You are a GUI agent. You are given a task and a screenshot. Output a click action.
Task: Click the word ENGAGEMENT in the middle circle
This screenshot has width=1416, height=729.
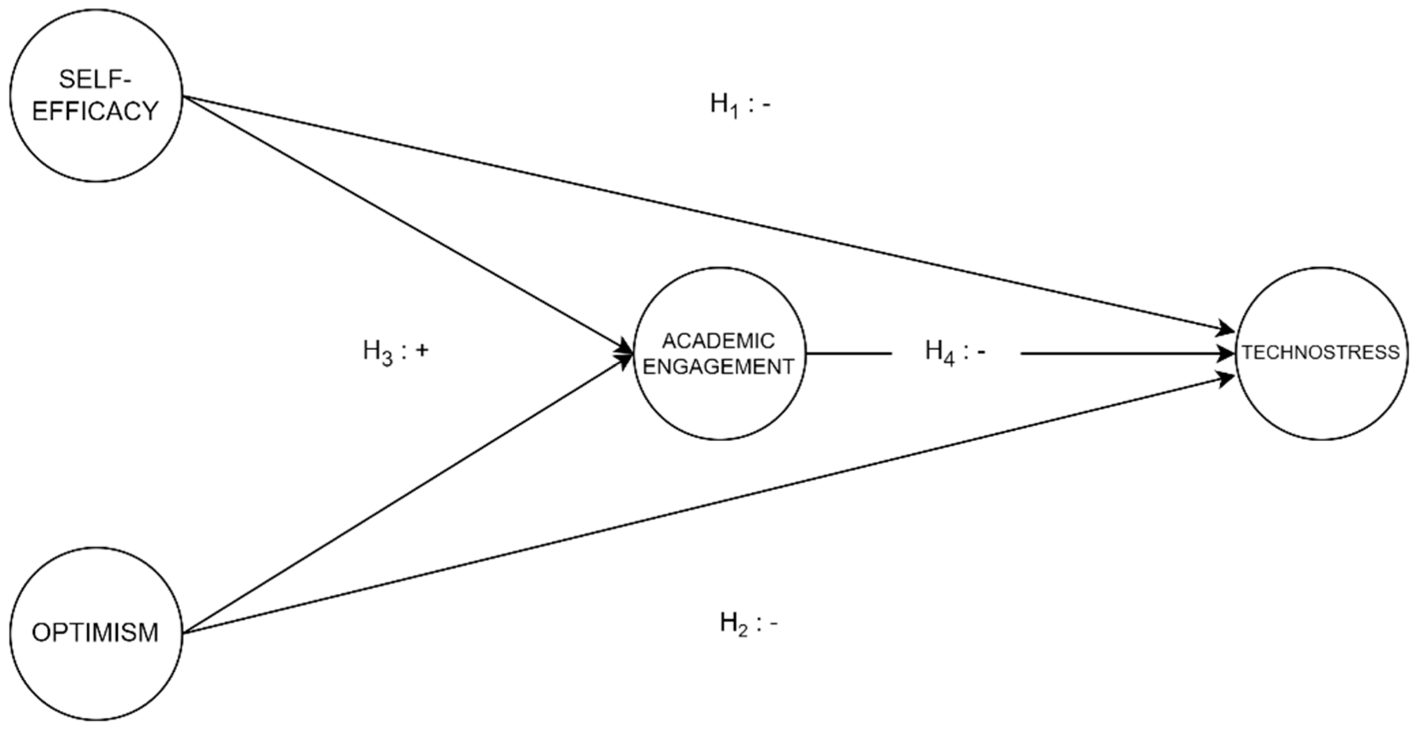coord(719,366)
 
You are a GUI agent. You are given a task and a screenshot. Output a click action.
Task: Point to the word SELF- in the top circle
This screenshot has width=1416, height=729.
coord(96,80)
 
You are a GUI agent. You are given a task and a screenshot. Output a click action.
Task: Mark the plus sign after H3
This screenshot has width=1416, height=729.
coord(422,351)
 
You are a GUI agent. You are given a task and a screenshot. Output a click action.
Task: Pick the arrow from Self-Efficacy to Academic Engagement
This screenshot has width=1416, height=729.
coord(407,224)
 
